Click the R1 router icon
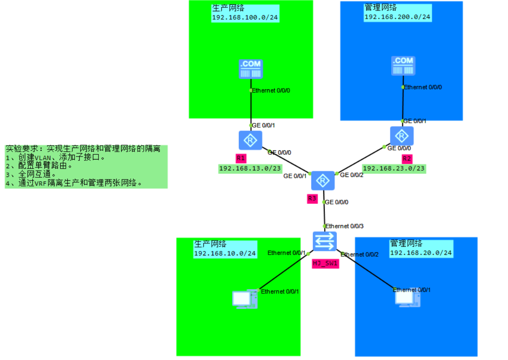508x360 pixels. (251, 140)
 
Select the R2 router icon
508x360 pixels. (402, 136)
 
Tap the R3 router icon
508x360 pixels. (323, 180)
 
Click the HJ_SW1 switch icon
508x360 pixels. (325, 241)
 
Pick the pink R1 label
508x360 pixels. (241, 158)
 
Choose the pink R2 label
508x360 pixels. (407, 158)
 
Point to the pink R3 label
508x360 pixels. (312, 199)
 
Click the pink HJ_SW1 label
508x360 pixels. (325, 263)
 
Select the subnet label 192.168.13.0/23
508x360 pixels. (249, 169)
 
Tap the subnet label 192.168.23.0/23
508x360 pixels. (393, 168)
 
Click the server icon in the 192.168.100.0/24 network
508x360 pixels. (251, 69)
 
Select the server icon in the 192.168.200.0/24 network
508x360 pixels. (403, 66)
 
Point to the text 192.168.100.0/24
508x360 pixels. (245, 18)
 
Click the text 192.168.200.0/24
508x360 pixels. (397, 17)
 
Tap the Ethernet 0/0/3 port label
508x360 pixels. (344, 226)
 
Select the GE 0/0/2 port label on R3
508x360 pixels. (351, 175)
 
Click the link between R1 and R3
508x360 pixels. (288, 161)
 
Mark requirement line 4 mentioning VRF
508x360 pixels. (74, 183)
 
